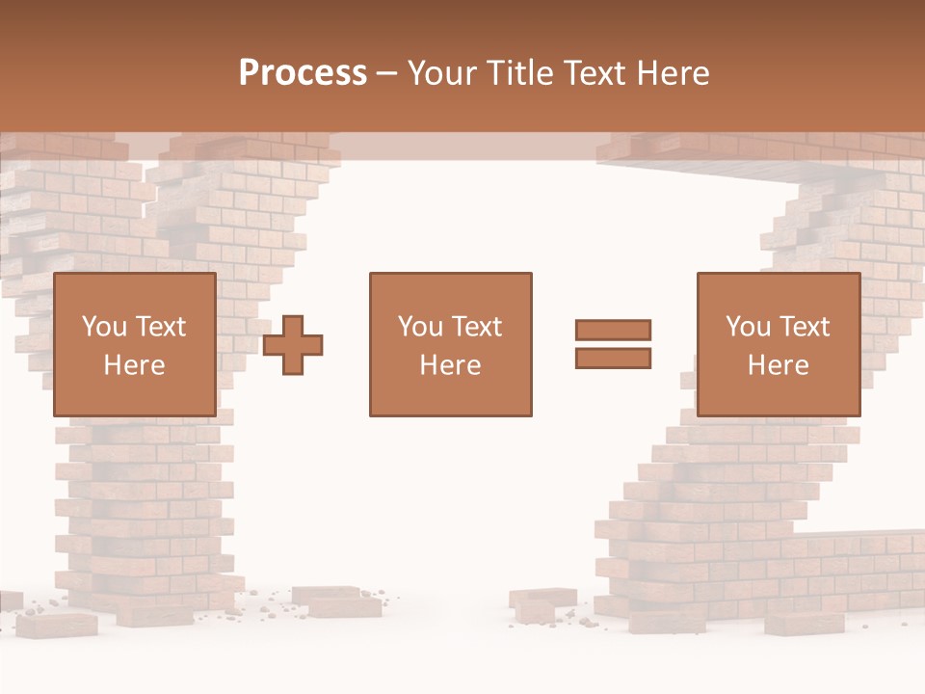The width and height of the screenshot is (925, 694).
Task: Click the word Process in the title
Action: click(x=303, y=73)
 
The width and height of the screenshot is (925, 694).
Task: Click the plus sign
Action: click(x=293, y=345)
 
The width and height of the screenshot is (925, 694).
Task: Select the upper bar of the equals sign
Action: click(x=613, y=330)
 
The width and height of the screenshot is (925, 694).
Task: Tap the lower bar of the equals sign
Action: click(x=613, y=359)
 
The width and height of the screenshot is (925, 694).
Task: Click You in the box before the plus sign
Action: click(x=104, y=327)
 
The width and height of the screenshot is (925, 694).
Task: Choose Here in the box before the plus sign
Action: click(x=134, y=365)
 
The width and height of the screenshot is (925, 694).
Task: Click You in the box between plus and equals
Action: click(x=420, y=327)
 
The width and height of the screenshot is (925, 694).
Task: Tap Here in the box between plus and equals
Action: click(x=450, y=365)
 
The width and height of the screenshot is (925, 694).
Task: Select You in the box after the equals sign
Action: click(x=748, y=327)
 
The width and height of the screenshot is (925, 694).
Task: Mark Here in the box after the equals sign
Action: click(x=778, y=365)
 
